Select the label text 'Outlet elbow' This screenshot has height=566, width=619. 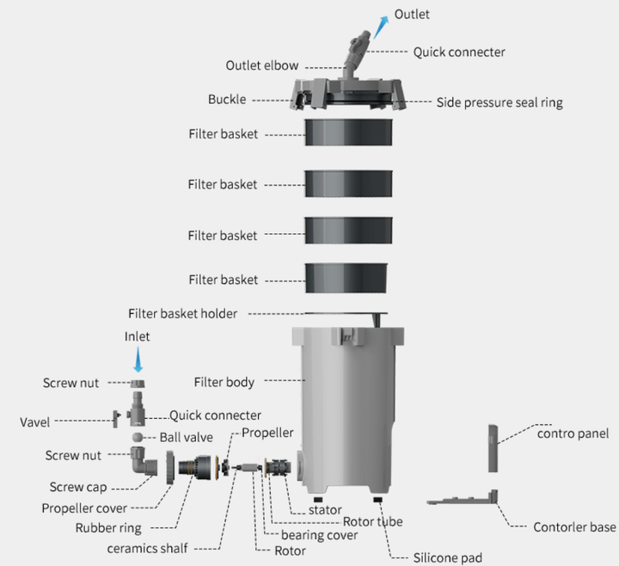pyautogui.click(x=263, y=65)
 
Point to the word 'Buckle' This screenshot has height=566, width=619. pyautogui.click(x=227, y=99)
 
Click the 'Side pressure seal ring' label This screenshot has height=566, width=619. pyautogui.click(x=499, y=102)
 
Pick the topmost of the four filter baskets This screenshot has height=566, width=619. pyautogui.click(x=350, y=134)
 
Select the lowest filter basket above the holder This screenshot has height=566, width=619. pyautogui.click(x=350, y=279)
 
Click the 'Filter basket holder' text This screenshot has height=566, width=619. pyautogui.click(x=182, y=314)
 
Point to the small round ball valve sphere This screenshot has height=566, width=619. pyautogui.click(x=138, y=438)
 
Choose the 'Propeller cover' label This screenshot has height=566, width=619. pyautogui.click(x=84, y=508)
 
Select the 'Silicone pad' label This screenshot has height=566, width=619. pyautogui.click(x=448, y=557)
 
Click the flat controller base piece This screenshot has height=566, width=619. pyautogui.click(x=464, y=501)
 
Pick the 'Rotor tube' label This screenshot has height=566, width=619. pyautogui.click(x=372, y=521)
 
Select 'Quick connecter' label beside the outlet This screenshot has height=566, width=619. pyautogui.click(x=459, y=52)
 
